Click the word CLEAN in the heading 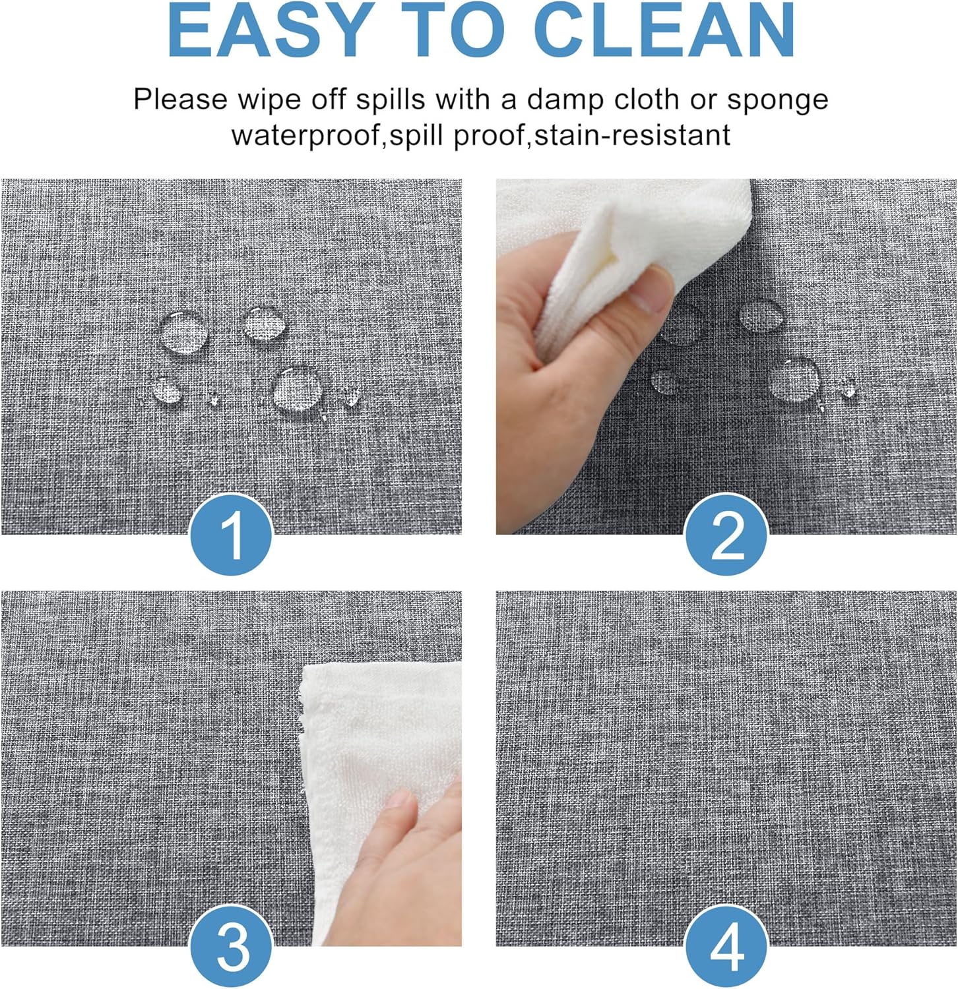667,32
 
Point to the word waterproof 307,135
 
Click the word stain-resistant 632,135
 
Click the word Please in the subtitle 180,100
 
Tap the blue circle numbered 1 232,535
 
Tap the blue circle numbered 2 726,535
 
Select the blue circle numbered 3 232,947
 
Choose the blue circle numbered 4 726,947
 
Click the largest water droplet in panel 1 298,388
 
